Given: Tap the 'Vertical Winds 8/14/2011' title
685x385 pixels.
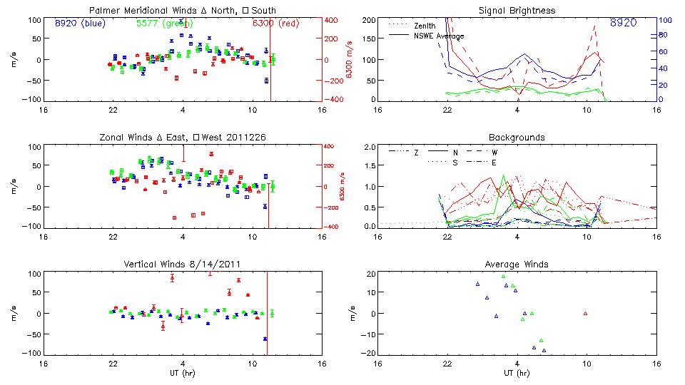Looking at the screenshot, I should click(x=183, y=265).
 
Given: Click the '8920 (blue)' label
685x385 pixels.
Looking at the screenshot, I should click(x=80, y=23).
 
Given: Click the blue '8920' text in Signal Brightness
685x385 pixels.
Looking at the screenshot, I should click(x=624, y=23).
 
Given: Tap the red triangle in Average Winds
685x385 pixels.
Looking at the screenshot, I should click(x=585, y=313).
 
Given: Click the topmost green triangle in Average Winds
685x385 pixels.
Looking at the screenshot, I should click(x=503, y=276).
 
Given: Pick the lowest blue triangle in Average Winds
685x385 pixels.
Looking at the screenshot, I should click(x=544, y=350).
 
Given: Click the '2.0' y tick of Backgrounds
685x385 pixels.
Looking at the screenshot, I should click(x=369, y=147).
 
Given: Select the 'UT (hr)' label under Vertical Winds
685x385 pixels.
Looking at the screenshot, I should click(x=183, y=373).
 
